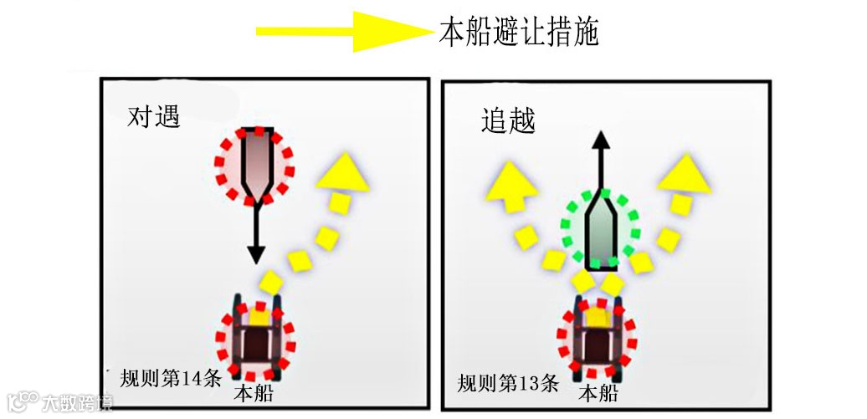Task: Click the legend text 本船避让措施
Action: (x=519, y=33)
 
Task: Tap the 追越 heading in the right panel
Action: (x=508, y=121)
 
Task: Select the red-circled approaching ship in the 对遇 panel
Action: (x=256, y=165)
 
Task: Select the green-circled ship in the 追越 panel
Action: (x=602, y=232)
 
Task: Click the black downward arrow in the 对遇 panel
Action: (x=256, y=234)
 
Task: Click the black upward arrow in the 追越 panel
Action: (x=600, y=159)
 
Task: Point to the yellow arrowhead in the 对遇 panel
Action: (x=344, y=172)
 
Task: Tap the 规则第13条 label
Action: (x=508, y=384)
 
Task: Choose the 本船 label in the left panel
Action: (x=254, y=393)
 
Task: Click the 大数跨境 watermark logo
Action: (x=59, y=401)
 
